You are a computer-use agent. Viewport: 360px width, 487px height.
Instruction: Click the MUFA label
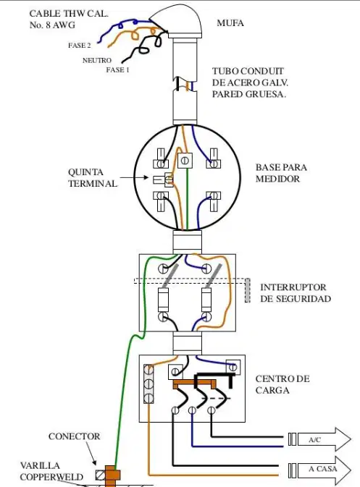(230, 23)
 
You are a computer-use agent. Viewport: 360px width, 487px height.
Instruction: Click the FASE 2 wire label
(80, 46)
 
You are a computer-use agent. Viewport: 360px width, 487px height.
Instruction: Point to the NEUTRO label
(96, 60)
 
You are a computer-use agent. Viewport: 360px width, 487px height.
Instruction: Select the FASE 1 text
(117, 70)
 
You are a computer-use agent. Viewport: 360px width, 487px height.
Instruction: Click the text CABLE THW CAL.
(69, 14)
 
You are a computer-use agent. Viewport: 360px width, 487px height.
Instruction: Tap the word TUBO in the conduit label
(225, 71)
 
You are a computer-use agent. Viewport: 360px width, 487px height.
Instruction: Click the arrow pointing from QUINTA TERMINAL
(134, 178)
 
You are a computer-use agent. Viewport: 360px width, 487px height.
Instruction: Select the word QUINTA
(85, 172)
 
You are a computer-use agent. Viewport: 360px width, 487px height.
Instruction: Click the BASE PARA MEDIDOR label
(281, 173)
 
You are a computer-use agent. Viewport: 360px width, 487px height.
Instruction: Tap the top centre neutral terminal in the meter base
(185, 161)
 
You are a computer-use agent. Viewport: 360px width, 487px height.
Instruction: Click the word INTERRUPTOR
(293, 287)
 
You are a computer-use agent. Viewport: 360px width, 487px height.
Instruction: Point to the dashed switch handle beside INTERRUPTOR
(248, 290)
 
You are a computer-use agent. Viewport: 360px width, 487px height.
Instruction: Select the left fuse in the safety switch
(164, 300)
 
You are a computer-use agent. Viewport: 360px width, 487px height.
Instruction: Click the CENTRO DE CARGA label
(282, 384)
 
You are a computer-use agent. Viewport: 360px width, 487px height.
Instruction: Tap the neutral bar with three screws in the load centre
(148, 384)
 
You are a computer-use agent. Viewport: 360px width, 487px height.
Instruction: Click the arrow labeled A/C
(320, 439)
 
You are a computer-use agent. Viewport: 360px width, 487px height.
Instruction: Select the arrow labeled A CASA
(320, 469)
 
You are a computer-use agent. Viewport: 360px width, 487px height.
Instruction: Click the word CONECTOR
(75, 436)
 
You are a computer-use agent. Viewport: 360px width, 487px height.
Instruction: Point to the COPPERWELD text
(51, 477)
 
